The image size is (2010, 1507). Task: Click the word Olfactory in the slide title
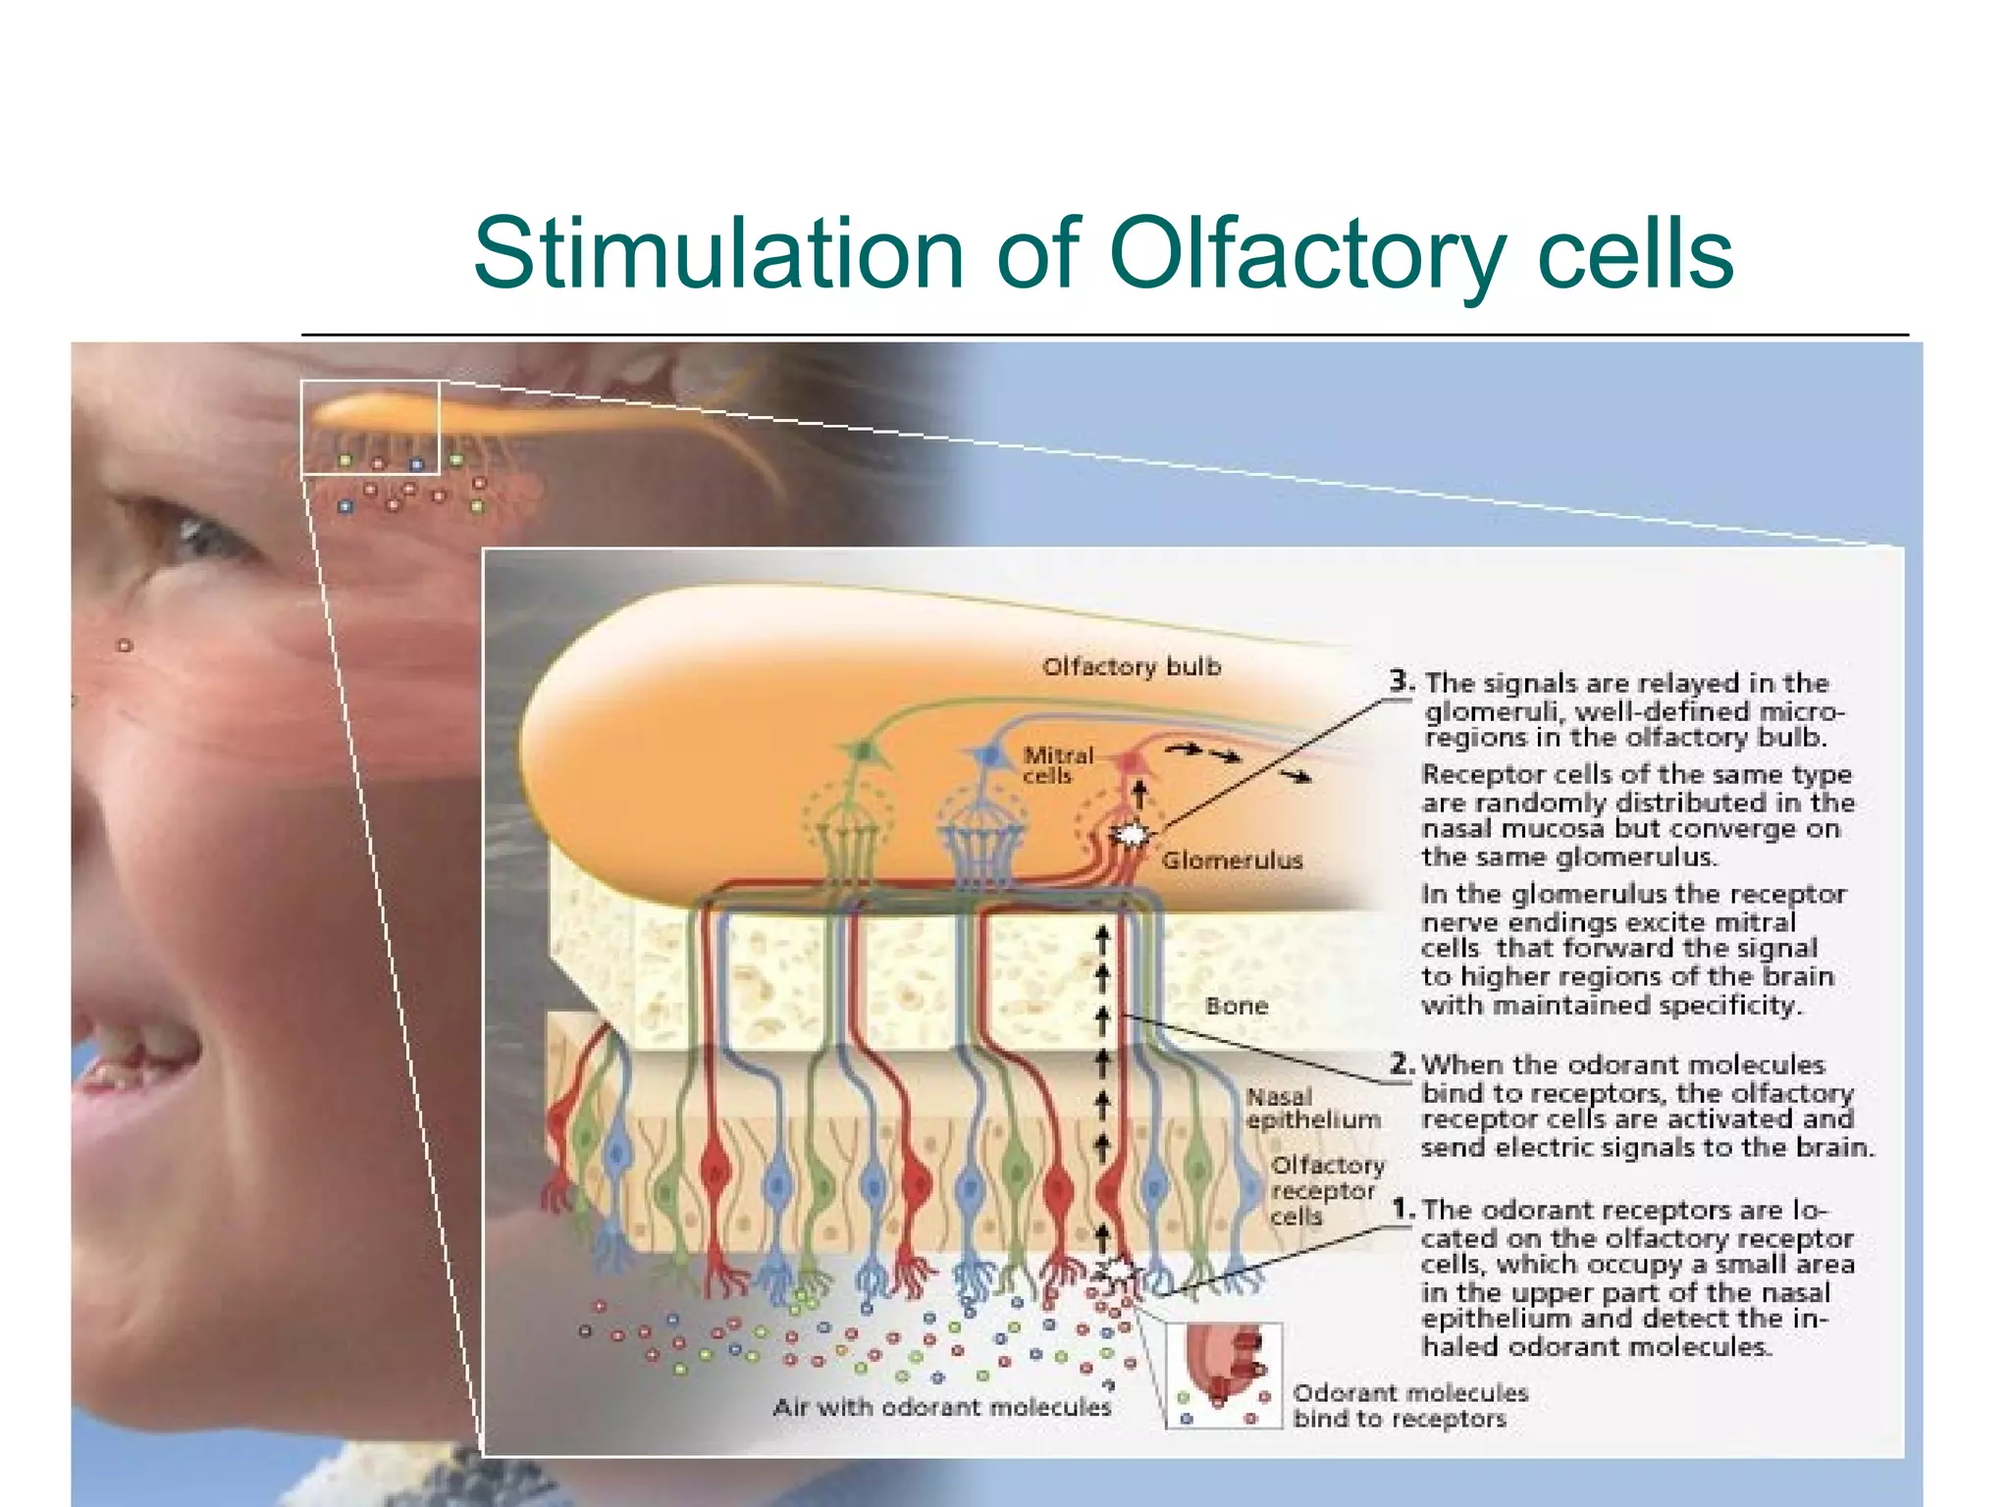point(1306,255)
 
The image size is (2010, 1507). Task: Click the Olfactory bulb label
point(1131,667)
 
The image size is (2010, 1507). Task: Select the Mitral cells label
point(1057,765)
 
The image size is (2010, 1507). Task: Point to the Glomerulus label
point(1232,860)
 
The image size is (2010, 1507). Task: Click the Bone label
point(1236,1006)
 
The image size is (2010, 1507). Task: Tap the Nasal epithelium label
point(1312,1109)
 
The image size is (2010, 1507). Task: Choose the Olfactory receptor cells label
point(1326,1190)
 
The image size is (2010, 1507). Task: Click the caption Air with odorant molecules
point(941,1407)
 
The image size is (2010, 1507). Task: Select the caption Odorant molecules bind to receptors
point(1409,1406)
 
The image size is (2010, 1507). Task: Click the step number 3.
point(1401,681)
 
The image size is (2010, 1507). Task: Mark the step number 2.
point(1401,1064)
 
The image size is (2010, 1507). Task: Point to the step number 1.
point(1402,1209)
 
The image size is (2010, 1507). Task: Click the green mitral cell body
point(864,752)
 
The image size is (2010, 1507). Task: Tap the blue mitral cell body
point(989,756)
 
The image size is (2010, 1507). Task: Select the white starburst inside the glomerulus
point(1132,835)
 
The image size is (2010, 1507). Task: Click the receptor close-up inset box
point(1223,1376)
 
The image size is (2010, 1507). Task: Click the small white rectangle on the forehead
point(370,428)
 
